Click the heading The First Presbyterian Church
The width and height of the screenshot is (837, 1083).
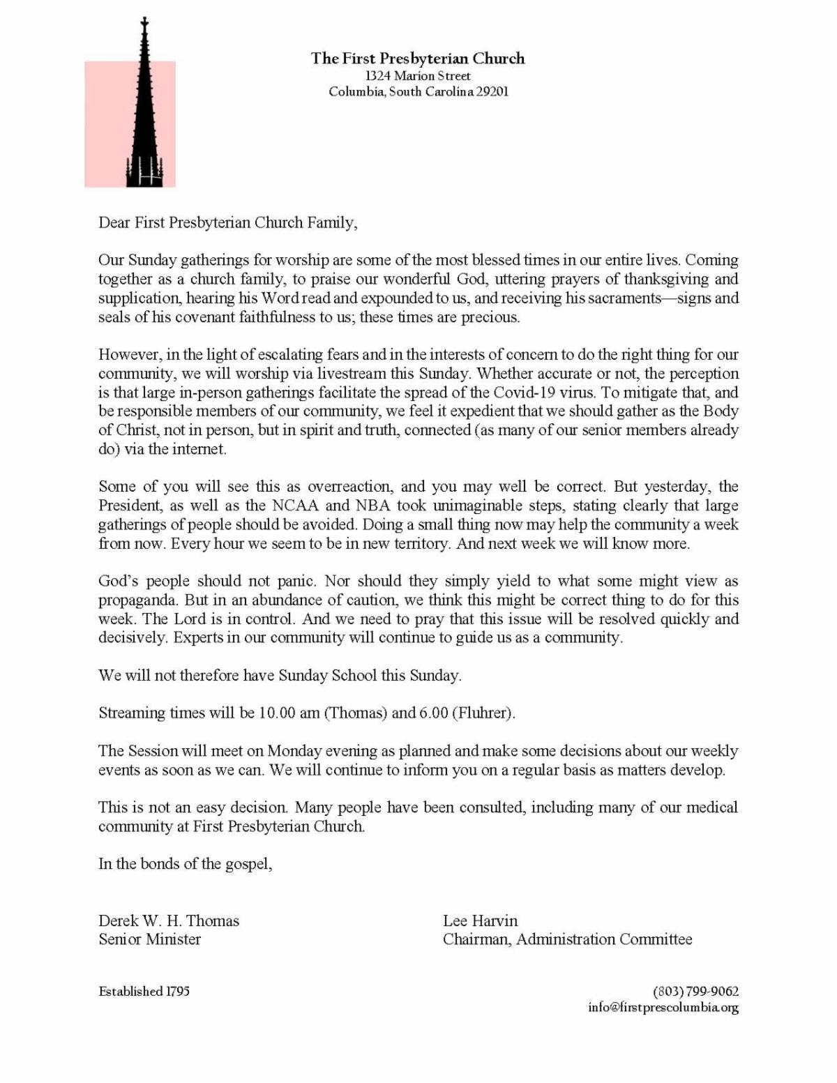418,59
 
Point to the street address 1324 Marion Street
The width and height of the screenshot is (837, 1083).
418,76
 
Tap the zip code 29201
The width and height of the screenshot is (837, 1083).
492,92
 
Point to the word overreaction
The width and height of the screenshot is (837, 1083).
349,486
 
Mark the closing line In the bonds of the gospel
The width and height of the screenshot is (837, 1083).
185,864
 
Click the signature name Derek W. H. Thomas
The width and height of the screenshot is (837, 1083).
169,921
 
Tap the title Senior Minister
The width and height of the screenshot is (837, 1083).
149,939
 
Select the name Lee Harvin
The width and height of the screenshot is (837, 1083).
480,921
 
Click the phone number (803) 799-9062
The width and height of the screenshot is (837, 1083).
695,992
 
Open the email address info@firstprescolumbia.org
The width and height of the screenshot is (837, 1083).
663,1008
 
